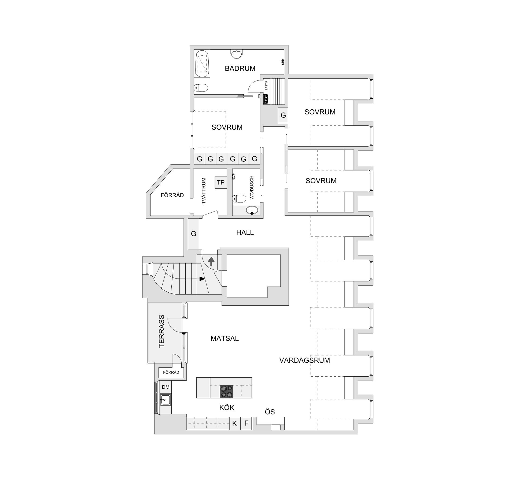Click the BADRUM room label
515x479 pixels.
pos(240,69)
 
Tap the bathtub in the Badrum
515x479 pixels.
pos(203,64)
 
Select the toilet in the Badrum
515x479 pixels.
pos(201,88)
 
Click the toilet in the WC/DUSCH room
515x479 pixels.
pos(239,199)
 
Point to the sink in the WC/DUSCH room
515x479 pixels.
pos(252,210)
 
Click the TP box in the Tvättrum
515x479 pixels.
pos(220,183)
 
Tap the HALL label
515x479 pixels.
pos(245,233)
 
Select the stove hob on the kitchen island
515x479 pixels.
pos(226,392)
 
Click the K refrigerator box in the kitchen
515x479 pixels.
pos(234,424)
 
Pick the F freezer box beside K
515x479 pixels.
pos(246,423)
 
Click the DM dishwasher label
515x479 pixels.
pos(165,387)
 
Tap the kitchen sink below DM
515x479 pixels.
pos(165,400)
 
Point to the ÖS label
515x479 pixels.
pos(270,412)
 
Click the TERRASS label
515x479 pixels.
pos(161,331)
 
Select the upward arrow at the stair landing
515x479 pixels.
pos(211,261)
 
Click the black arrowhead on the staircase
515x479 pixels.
pos(202,279)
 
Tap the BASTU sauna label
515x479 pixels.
pos(266,86)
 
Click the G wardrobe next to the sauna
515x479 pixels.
pos(283,115)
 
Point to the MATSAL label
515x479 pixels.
pos(225,339)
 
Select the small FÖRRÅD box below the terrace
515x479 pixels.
pos(171,373)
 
